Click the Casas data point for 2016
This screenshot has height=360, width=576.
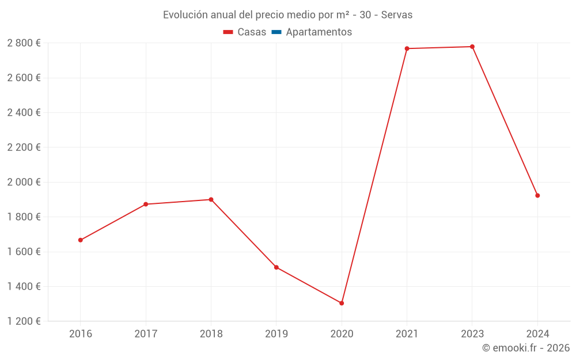81,240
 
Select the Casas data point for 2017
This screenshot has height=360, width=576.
146,204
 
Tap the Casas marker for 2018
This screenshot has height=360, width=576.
211,200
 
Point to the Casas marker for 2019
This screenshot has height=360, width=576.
276,267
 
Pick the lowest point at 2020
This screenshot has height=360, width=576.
342,303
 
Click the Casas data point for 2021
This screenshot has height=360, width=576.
407,48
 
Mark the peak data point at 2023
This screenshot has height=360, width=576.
472,47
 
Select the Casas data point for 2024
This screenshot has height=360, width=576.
537,196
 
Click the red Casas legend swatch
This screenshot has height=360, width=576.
228,32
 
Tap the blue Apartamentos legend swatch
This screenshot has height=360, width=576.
276,32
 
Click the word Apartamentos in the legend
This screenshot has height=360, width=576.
319,32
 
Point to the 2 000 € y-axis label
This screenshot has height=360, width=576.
24,182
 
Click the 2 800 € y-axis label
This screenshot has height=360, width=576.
24,43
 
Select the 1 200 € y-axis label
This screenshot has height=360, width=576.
24,321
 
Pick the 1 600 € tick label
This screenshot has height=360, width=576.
24,252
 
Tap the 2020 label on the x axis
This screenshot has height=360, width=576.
342,334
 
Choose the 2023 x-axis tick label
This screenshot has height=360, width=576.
472,334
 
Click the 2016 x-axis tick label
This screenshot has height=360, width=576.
81,334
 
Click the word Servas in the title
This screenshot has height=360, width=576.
397,15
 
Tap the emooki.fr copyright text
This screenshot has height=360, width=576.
526,348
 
